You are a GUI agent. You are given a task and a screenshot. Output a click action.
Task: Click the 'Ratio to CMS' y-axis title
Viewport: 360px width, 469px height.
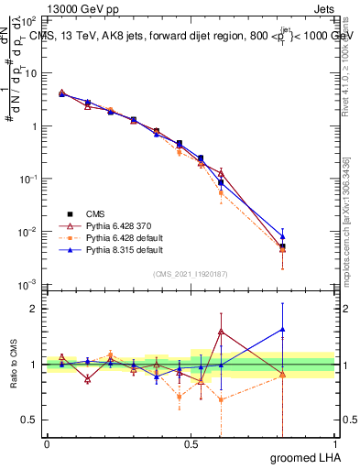[x=13, y=364]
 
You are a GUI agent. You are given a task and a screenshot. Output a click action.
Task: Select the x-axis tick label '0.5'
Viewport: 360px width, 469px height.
[x=191, y=443]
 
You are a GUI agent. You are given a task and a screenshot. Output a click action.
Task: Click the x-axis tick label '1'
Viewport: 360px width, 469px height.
[x=335, y=443]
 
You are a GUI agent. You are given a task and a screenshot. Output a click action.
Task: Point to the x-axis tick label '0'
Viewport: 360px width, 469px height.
[x=47, y=443]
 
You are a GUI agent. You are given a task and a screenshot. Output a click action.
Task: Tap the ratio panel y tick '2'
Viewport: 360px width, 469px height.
[x=36, y=309]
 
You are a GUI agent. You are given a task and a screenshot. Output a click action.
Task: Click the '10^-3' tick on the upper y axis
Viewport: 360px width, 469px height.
[x=29, y=284]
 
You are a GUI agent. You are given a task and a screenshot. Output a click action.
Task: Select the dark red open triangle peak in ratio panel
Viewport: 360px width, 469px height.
[x=221, y=332]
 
